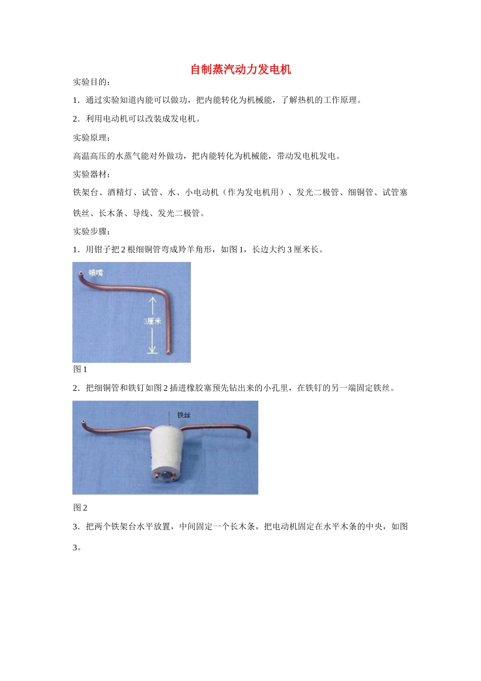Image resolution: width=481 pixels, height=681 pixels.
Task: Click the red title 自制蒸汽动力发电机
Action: (x=240, y=69)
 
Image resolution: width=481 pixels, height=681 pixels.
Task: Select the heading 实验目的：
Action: (x=92, y=82)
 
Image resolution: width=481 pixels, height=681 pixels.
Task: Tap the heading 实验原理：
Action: (x=92, y=138)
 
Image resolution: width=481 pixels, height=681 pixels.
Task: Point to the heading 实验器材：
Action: (x=92, y=174)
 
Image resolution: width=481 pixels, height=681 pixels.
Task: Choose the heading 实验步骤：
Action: (x=92, y=232)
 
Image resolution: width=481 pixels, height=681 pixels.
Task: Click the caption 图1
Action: (x=80, y=369)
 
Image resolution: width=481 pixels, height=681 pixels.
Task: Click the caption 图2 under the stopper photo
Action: (x=80, y=508)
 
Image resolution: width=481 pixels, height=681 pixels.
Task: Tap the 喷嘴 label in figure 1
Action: (x=96, y=273)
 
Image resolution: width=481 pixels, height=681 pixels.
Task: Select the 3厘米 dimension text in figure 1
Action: (x=152, y=321)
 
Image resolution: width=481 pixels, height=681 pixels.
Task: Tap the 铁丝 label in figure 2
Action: (x=184, y=415)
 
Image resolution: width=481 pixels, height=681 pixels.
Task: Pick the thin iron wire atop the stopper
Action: (x=167, y=419)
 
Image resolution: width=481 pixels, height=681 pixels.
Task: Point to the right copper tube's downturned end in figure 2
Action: (x=249, y=436)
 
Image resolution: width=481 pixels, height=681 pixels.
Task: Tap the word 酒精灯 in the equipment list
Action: (x=119, y=193)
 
